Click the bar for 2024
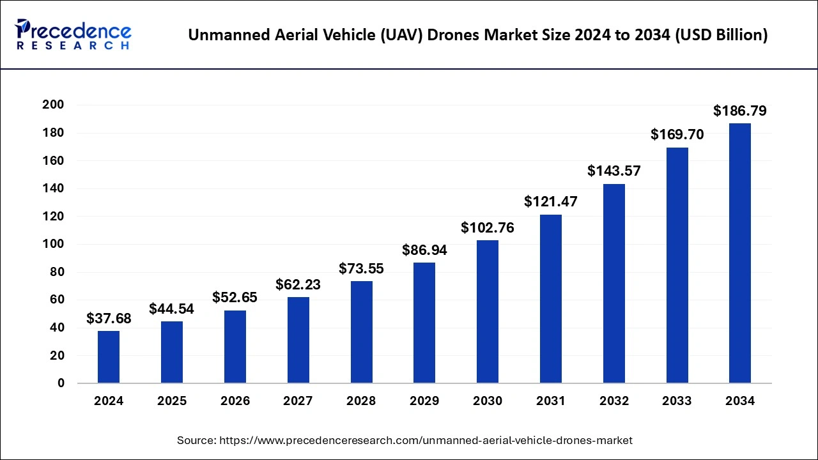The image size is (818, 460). click(x=109, y=356)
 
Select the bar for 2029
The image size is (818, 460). click(x=424, y=323)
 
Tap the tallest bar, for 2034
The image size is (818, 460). click(x=740, y=253)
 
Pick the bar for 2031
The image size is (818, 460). click(x=550, y=298)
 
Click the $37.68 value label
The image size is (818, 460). click(x=109, y=318)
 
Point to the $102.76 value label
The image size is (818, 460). click(x=488, y=227)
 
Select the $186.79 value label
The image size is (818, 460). click(x=740, y=111)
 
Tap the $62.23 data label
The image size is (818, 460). click(x=298, y=284)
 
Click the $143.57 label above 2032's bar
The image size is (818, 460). click(x=613, y=171)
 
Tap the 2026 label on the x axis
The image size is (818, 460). click(x=235, y=401)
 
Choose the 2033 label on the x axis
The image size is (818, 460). click(x=677, y=401)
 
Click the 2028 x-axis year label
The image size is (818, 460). click(x=361, y=401)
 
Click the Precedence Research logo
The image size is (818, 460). click(x=73, y=34)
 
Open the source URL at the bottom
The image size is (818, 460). click(x=426, y=440)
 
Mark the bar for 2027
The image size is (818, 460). click(x=298, y=340)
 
